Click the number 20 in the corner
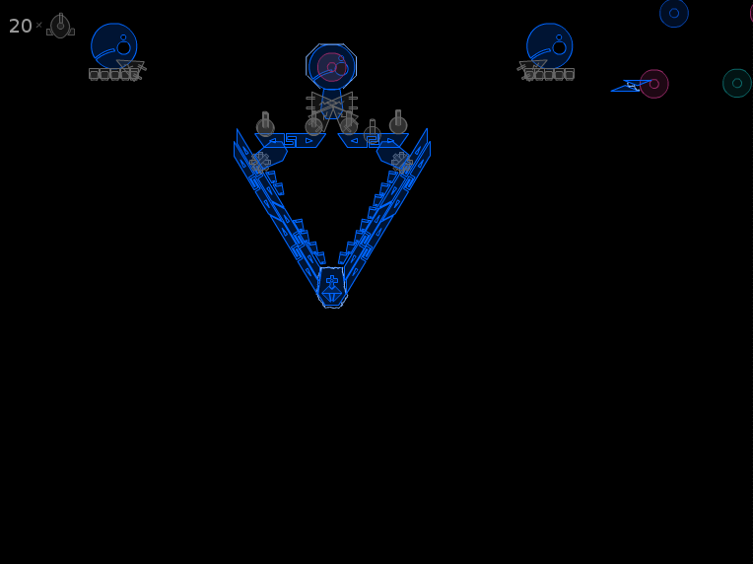coord(20,26)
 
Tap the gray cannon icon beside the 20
coord(60,26)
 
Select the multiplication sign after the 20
coord(38,25)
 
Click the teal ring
coord(737,83)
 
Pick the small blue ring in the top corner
coord(674,13)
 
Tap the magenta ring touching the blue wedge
coord(654,84)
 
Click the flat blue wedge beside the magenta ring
coord(629,86)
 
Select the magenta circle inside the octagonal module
coord(332,67)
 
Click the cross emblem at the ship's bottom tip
coord(332,281)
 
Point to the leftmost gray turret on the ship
coord(265,124)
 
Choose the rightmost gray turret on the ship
coord(398,122)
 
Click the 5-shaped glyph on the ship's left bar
coord(291,140)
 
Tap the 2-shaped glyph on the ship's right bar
coord(374,140)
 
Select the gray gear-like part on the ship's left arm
coord(260,163)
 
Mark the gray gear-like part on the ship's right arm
coord(402,163)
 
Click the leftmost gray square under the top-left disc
coord(94,74)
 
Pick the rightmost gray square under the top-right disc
coord(569,74)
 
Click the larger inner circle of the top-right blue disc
coord(560,47)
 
